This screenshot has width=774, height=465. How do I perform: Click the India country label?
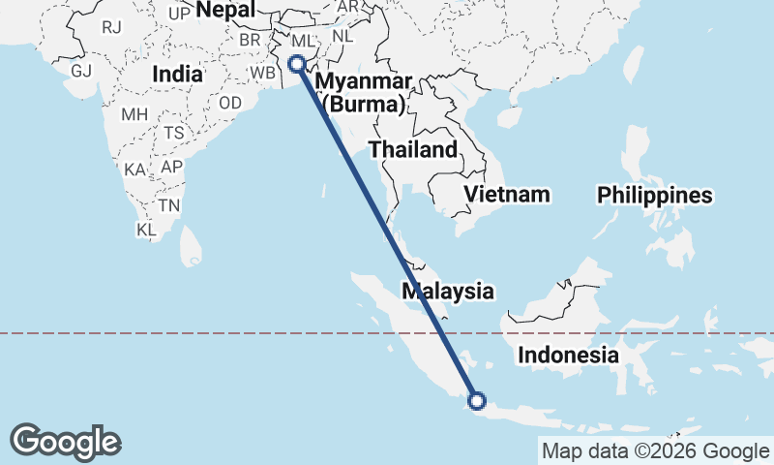click(178, 74)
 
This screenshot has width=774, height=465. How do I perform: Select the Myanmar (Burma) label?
click(363, 92)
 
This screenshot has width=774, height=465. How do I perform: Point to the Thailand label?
click(412, 150)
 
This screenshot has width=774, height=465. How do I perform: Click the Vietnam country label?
click(507, 195)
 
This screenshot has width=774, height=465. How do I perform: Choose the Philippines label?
click(655, 196)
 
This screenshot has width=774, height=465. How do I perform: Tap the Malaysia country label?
click(448, 291)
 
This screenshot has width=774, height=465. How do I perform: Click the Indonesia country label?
click(568, 355)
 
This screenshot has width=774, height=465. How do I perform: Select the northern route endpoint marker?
click(297, 64)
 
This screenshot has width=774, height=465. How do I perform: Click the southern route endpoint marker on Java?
click(476, 400)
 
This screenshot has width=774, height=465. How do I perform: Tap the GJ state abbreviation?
click(80, 71)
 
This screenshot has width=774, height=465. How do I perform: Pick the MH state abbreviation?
click(134, 114)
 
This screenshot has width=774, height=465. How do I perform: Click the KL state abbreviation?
click(146, 231)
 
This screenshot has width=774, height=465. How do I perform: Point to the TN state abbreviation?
click(169, 205)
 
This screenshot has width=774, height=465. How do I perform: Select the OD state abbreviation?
click(230, 103)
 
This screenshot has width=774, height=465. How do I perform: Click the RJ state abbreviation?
click(112, 27)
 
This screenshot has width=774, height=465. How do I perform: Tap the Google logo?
click(66, 442)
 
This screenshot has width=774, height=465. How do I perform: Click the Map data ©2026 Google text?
click(654, 450)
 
